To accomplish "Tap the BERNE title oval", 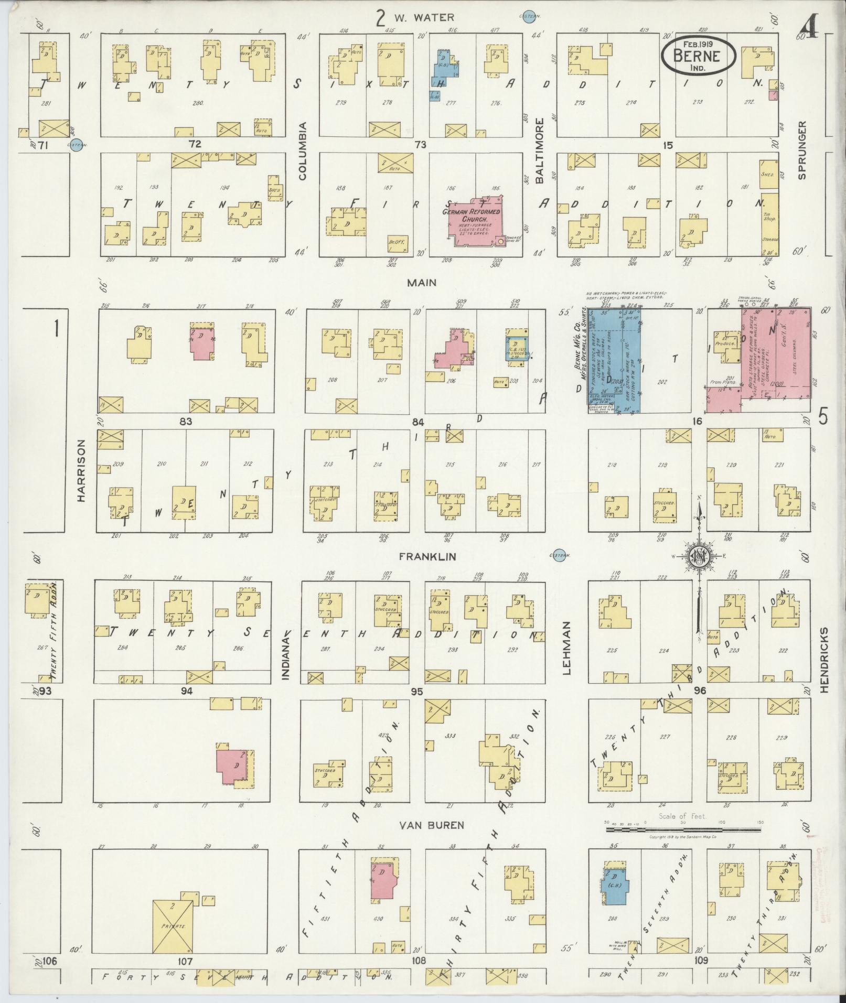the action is [x=697, y=54].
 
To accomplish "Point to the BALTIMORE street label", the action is [x=540, y=150].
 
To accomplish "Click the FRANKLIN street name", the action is [x=427, y=556].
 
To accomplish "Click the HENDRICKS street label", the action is [x=823, y=660].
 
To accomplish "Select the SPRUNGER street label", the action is [x=801, y=150].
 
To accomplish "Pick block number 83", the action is [x=186, y=421].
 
